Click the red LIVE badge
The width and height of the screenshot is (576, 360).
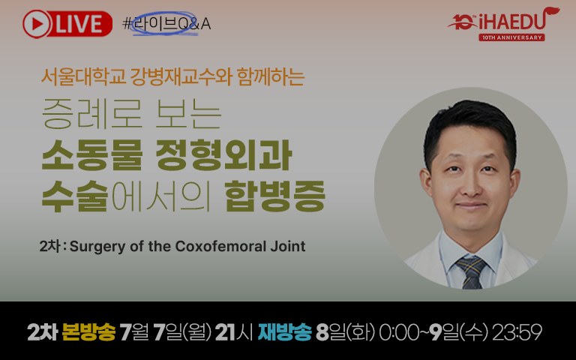(67, 24)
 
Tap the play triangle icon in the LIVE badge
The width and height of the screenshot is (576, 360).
(37, 24)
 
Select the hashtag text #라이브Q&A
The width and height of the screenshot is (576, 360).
(166, 24)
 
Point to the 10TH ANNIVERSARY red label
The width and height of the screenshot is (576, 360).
(511, 37)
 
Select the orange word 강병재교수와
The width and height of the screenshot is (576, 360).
(181, 77)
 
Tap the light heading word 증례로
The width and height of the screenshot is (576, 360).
(91, 113)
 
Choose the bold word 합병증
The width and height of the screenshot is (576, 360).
(274, 196)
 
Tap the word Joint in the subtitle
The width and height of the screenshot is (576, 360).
(288, 246)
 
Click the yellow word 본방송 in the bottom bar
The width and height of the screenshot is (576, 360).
(88, 332)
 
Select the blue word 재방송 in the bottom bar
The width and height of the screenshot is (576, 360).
(285, 332)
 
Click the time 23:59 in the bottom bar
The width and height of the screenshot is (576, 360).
(517, 332)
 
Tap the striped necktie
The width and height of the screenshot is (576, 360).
(471, 272)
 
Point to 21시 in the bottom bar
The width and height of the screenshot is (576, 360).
(234, 332)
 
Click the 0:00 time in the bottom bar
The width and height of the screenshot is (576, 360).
(398, 332)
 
